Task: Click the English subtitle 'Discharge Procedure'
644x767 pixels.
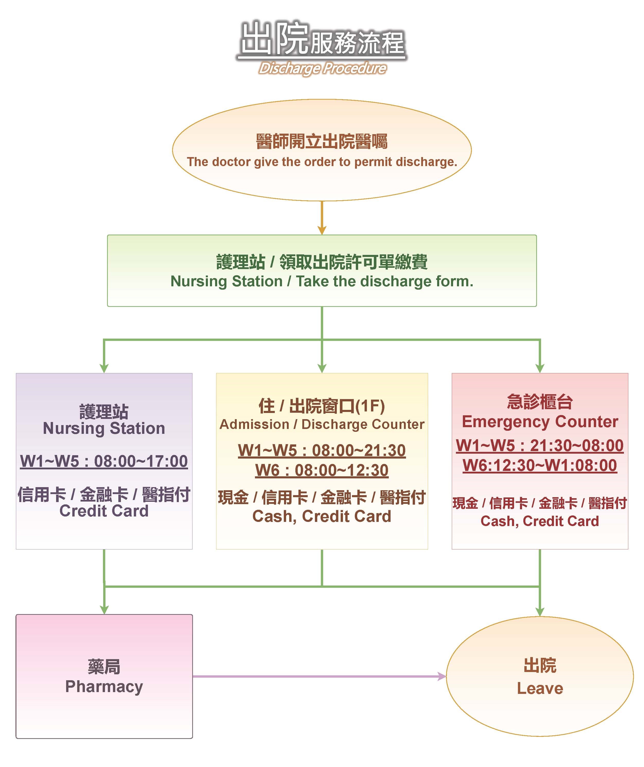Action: click(x=322, y=68)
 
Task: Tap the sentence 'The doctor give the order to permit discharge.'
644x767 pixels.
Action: click(x=322, y=162)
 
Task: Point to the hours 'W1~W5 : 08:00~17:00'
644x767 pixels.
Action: click(x=104, y=461)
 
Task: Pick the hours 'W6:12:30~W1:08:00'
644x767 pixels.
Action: click(x=540, y=465)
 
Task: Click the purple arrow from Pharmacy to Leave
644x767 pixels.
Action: click(x=317, y=676)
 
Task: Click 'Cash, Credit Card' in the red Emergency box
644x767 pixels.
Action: click(x=540, y=521)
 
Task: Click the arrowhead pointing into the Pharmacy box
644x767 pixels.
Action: click(x=104, y=610)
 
